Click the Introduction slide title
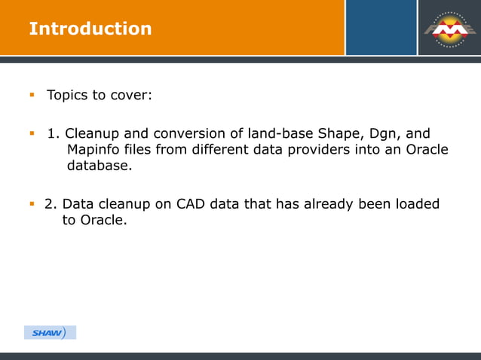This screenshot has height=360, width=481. tap(90, 29)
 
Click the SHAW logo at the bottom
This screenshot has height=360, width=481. tap(50, 333)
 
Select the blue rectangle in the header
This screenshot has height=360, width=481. tap(381, 27)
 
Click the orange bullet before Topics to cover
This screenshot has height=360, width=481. tap(32, 95)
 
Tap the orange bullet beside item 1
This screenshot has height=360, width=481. tap(32, 134)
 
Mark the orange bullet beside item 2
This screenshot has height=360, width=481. tap(32, 203)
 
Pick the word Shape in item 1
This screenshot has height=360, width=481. tap(326, 134)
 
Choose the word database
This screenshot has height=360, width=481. tap(100, 165)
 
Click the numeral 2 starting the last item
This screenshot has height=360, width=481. tap(48, 204)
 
